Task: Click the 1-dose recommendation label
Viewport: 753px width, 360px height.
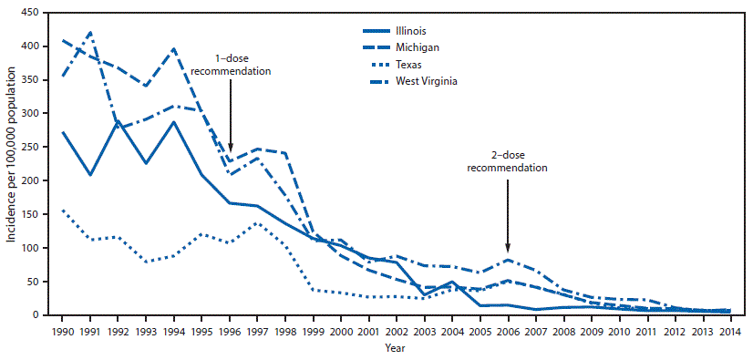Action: pos(231,65)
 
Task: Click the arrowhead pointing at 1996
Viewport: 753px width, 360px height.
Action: pos(231,148)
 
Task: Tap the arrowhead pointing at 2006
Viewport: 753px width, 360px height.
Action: pos(508,248)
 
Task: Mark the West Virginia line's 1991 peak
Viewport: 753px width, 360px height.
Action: pos(91,32)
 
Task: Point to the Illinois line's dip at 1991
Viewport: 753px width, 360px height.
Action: pos(91,175)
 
